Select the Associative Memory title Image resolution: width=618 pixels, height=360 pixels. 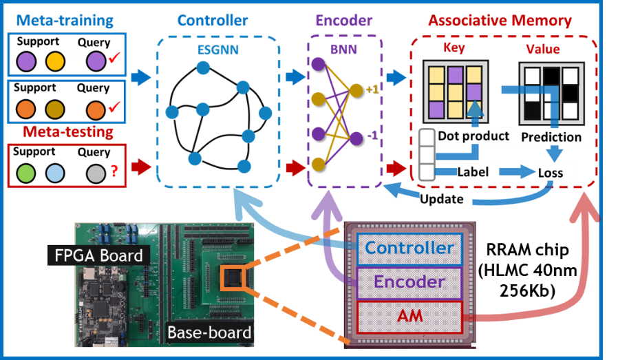(500, 20)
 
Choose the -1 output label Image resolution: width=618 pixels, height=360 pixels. (371, 136)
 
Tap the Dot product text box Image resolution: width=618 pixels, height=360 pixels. (473, 136)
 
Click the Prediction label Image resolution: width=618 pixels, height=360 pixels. (551, 136)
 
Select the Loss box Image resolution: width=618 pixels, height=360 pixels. (551, 173)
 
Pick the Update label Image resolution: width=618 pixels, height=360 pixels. (445, 199)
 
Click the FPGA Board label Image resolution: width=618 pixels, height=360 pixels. (99, 256)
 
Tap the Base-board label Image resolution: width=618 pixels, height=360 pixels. (209, 333)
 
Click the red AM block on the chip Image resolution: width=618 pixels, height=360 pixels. (410, 317)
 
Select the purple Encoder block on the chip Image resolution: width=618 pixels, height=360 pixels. (409, 282)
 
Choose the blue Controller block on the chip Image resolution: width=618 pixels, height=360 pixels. (409, 248)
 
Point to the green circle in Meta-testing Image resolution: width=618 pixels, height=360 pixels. (27, 172)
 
